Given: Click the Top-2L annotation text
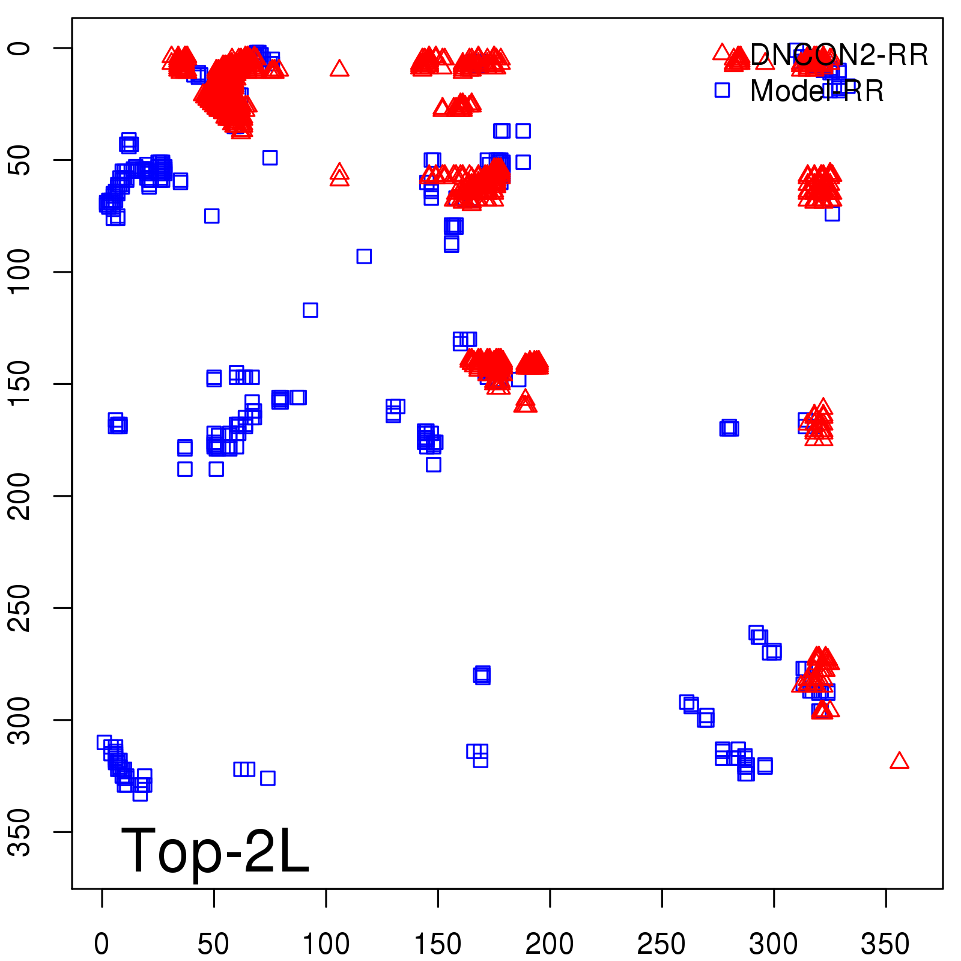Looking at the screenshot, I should coord(214,850).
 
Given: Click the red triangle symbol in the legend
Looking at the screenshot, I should coord(721,52).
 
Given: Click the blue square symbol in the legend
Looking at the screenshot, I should coord(721,90).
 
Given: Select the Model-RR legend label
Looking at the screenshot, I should coord(817,91).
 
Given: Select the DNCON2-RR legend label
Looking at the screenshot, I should coord(838,55).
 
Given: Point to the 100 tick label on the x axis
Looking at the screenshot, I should coord(326,944).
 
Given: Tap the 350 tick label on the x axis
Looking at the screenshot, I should coord(885,944).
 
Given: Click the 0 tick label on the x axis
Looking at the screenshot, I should coord(102,944).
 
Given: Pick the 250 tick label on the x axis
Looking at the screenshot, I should coord(661,944).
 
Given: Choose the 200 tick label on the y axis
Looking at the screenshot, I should coord(20,496).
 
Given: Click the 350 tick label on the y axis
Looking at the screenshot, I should coord(20,832).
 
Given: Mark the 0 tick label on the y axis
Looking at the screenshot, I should coord(20,48).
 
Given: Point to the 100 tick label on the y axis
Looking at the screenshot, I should coord(20,272).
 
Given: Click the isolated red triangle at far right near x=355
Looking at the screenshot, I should coord(899,761).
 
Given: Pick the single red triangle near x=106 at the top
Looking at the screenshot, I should coord(339,68).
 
